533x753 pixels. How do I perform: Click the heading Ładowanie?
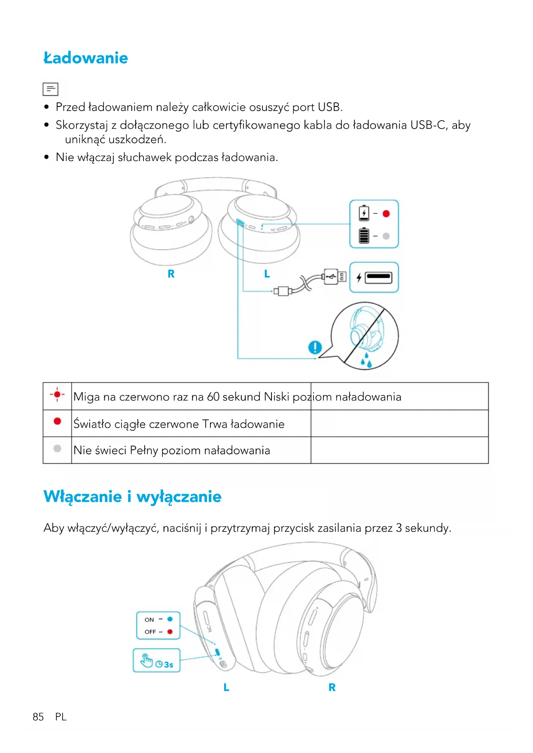click(x=85, y=58)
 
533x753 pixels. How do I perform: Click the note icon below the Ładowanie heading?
click(x=50, y=89)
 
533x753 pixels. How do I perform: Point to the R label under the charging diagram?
click(x=171, y=274)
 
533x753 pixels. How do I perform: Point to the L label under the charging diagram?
click(x=267, y=274)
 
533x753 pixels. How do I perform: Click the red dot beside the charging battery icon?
click(x=386, y=214)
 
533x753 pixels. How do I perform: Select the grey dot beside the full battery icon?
click(x=386, y=236)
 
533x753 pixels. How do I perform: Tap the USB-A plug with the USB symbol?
click(x=331, y=277)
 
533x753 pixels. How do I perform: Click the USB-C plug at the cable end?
click(x=282, y=291)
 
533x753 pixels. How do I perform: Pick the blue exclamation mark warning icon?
click(x=315, y=347)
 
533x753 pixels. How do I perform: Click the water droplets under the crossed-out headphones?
click(x=366, y=361)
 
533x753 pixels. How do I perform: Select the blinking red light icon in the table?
click(x=57, y=395)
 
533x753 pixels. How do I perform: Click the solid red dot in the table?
click(x=57, y=421)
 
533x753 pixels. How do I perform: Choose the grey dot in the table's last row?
click(x=57, y=449)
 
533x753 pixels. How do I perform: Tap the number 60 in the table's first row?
click(x=213, y=397)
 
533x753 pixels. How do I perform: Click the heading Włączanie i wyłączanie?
click(x=132, y=497)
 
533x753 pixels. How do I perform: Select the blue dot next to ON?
click(x=170, y=619)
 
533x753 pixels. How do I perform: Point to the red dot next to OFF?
click(x=170, y=632)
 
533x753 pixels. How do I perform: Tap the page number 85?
click(x=38, y=717)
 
